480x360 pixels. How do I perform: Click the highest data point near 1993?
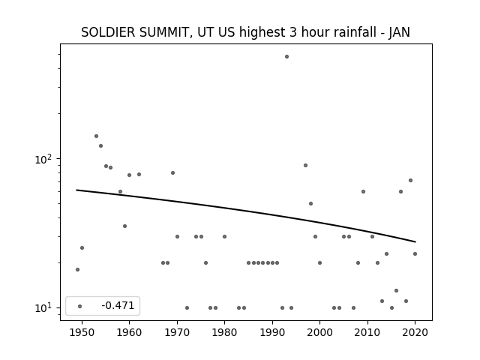click(x=286, y=57)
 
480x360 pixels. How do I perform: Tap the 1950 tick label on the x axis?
click(x=82, y=332)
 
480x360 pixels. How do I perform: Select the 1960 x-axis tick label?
click(x=129, y=332)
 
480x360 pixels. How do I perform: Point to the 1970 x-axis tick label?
click(x=177, y=332)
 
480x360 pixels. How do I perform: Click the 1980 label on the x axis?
click(x=224, y=332)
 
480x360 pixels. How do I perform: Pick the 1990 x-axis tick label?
click(x=272, y=332)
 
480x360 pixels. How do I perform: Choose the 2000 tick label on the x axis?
click(x=319, y=332)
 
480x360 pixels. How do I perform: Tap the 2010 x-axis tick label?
click(x=367, y=332)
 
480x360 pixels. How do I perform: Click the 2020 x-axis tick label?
click(x=415, y=332)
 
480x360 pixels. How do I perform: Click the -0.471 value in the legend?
click(x=118, y=305)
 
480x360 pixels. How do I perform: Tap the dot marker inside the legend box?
click(x=80, y=306)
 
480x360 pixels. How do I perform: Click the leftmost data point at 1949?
click(x=77, y=269)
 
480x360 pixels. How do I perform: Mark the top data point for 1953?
click(x=96, y=136)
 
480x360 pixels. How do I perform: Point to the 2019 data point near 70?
click(x=410, y=180)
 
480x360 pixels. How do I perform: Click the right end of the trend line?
click(x=415, y=241)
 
